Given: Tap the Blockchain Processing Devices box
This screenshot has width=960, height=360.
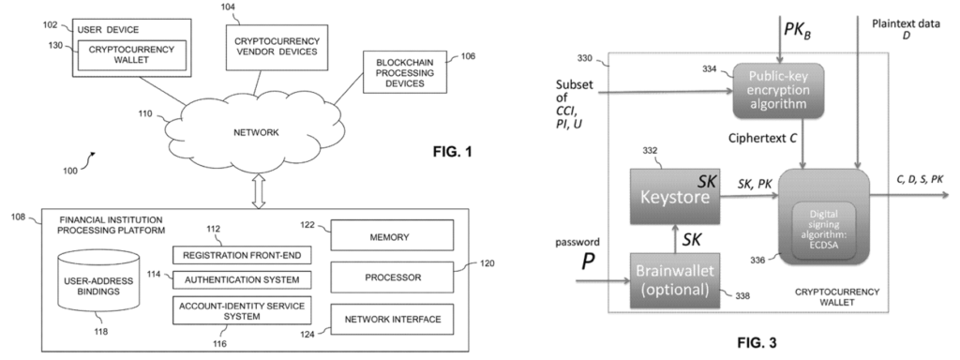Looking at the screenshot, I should (401, 75).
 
